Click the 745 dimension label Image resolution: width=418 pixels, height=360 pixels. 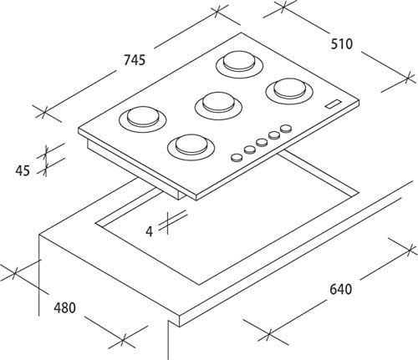pos(135,60)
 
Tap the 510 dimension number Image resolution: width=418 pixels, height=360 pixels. pos(342,44)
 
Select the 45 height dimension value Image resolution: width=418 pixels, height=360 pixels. pos(23,170)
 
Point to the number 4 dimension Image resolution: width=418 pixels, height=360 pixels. pos(150,231)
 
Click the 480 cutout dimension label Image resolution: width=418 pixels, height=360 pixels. pos(65,308)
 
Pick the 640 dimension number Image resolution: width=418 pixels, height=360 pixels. pos(340,289)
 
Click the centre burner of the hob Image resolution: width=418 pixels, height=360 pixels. pos(218,105)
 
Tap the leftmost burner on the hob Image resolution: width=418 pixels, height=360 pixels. pos(143,119)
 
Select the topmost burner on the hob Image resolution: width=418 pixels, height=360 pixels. pos(240,64)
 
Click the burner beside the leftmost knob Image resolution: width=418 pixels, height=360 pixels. pos(191,146)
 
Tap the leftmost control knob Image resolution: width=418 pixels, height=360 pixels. pos(237,157)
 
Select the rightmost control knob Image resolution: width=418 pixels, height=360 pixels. pos(286,129)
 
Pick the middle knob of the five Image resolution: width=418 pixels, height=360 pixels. pos(262,142)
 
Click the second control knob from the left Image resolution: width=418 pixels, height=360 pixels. pos(250,150)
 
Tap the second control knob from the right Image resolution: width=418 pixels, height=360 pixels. pos(274,135)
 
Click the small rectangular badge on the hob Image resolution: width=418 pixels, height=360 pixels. pos(334,104)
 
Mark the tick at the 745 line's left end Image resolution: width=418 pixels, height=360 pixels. pos(44,114)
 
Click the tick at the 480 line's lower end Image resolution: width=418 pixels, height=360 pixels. pos(123,342)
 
